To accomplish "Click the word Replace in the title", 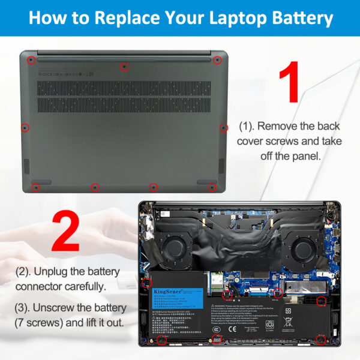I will [127, 18].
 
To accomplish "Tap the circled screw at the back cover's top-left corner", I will [31, 59].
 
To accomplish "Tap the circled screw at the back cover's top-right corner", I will [217, 60].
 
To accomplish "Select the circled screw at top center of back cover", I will [124, 67].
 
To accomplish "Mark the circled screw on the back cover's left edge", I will [25, 127].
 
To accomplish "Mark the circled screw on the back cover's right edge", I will [223, 128].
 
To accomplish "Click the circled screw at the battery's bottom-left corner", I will [162, 341].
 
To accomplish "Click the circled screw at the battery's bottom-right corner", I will [320, 340].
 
